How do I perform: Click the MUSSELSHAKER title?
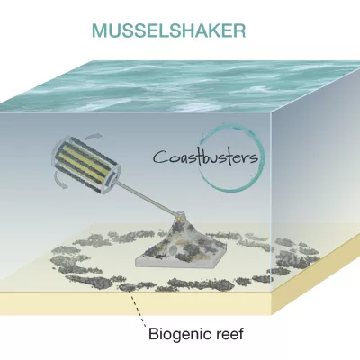(x=169, y=30)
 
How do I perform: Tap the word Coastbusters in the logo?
(x=206, y=157)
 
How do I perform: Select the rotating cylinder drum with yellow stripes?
(x=86, y=165)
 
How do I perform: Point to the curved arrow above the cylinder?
(x=93, y=137)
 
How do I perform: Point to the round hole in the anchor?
(x=173, y=250)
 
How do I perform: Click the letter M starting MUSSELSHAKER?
(x=99, y=31)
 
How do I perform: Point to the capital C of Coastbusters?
(x=161, y=157)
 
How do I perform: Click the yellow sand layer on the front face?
(x=136, y=303)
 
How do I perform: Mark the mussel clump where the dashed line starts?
(x=128, y=287)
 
